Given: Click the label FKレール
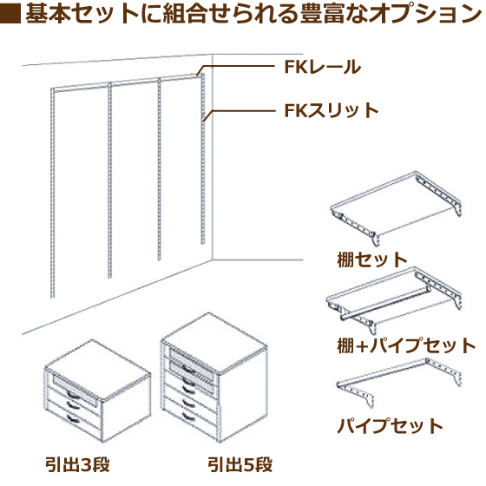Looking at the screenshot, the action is point(323,67).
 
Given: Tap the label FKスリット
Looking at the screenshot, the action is point(332,110).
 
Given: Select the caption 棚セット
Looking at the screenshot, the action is point(372,259).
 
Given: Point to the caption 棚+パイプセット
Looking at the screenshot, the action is point(406,345).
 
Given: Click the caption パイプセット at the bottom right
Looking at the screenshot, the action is point(390,426).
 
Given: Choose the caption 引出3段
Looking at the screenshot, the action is point(77,465).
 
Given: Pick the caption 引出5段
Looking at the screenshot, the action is point(240,465).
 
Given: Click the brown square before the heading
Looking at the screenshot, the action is point(10,13).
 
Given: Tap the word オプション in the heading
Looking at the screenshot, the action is point(426,14).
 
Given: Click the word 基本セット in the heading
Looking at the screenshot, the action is point(82,14).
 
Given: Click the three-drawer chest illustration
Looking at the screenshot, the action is point(97,391).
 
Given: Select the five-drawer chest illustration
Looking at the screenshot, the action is point(213,378).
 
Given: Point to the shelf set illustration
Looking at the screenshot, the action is point(396,208).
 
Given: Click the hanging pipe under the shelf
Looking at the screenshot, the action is point(385,303).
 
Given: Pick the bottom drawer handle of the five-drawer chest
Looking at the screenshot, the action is point(188,417).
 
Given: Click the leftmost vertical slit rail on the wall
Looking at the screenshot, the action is point(53,193).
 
